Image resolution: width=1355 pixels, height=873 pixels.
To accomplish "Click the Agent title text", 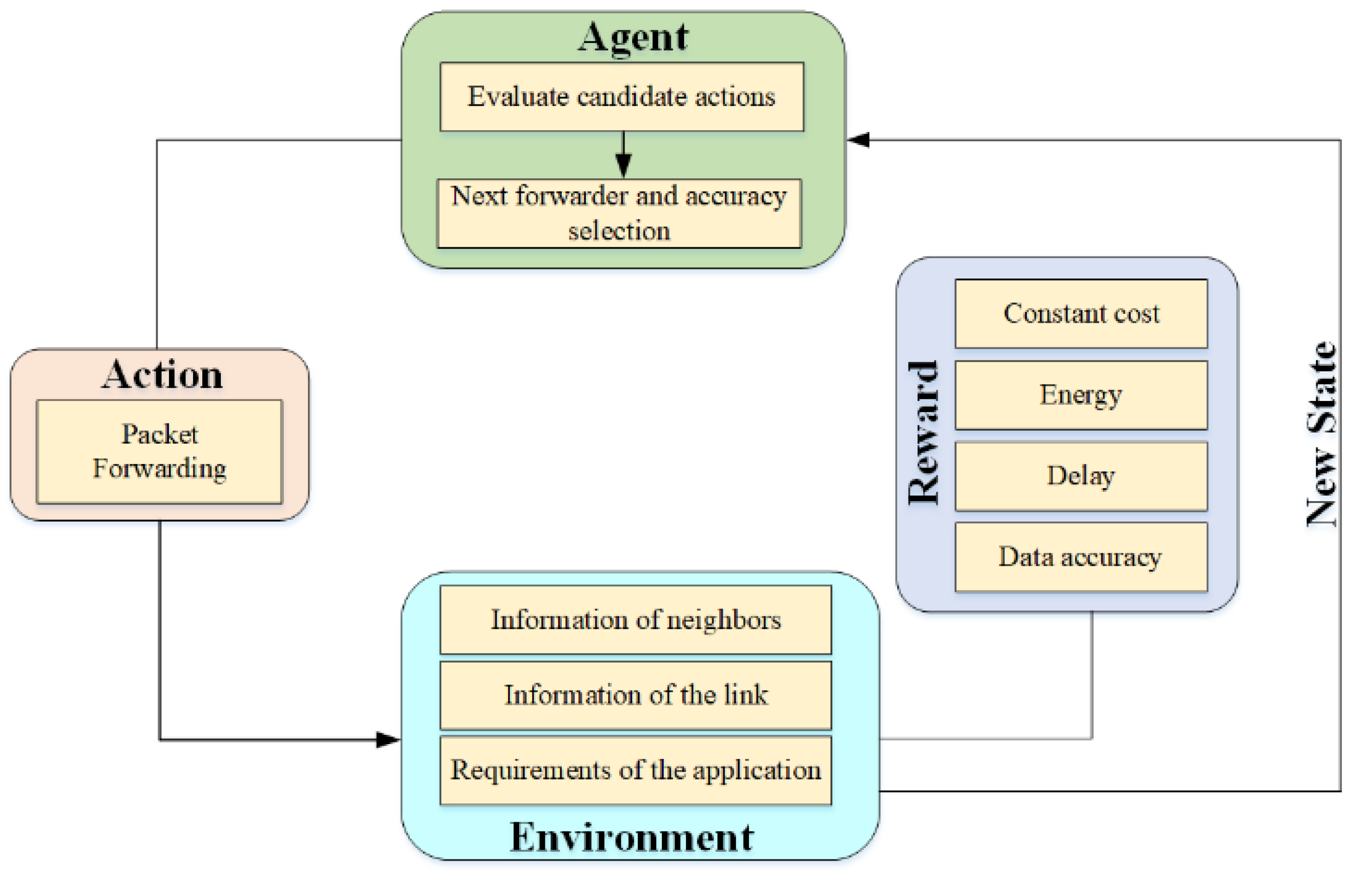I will (x=633, y=38).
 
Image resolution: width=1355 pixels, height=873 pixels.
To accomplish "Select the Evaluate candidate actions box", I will (x=621, y=97).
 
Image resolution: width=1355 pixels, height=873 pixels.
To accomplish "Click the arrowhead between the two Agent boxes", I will (x=623, y=166).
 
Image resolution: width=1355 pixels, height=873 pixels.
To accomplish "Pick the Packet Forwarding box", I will (x=159, y=451).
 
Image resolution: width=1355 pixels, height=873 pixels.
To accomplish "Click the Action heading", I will (x=162, y=375).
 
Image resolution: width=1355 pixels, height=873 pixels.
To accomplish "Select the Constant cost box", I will (x=1081, y=314).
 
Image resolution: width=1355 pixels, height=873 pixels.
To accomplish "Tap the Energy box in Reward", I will (x=1081, y=395).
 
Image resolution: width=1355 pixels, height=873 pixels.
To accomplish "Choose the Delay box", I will (x=1081, y=476).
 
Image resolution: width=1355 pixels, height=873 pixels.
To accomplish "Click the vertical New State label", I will (x=1322, y=434).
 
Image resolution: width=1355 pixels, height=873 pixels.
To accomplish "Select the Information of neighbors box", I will (x=636, y=619).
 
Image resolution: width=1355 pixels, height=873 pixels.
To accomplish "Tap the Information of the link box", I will (x=636, y=695).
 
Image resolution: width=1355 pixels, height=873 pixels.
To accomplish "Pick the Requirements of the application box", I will (x=636, y=770).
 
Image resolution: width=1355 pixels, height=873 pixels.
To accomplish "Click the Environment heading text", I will (x=631, y=837).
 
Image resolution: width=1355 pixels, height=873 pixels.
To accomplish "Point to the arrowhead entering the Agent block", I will (x=859, y=139).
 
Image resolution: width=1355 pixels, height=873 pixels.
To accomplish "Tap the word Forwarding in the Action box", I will (x=159, y=469).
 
